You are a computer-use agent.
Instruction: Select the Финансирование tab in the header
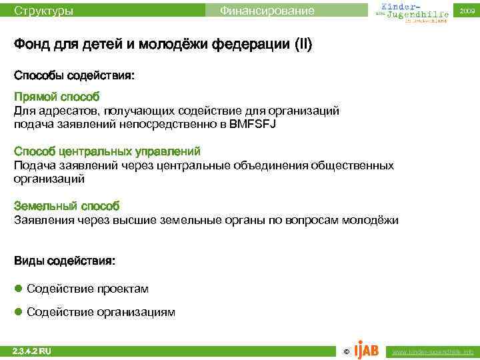coord(267,11)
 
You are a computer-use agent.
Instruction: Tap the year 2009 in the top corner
coord(467,11)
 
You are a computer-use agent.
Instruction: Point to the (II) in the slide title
coord(299,46)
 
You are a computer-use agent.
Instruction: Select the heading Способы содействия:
coord(74,77)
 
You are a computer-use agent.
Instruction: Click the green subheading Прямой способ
coord(57,97)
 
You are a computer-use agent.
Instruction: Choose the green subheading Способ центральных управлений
coord(107,152)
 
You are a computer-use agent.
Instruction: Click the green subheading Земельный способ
coord(67,207)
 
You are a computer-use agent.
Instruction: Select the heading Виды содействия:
coord(65,262)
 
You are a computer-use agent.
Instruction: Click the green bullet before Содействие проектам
coord(19,289)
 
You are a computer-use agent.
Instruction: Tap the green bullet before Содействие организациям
coord(19,312)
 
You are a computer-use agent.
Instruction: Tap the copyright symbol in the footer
coord(345,351)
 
